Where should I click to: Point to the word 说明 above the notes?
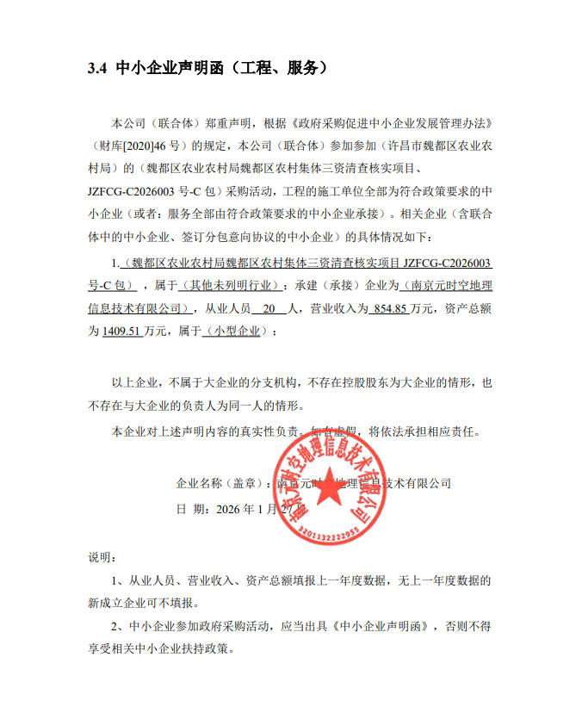tap(102, 557)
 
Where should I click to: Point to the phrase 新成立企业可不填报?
tap(143, 603)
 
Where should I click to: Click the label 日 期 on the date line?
tap(191, 509)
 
